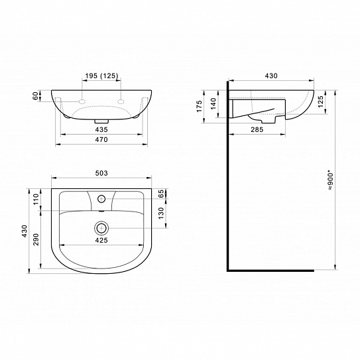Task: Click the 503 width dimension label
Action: (101, 173)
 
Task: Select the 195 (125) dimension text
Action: (101, 76)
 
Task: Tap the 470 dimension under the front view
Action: (101, 140)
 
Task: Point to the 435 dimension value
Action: (101, 130)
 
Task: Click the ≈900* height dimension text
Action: (330, 180)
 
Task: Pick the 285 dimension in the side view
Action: (257, 130)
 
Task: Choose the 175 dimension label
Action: (199, 106)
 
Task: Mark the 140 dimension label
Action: (213, 103)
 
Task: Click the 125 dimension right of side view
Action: (321, 101)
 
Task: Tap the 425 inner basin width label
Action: (101, 240)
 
